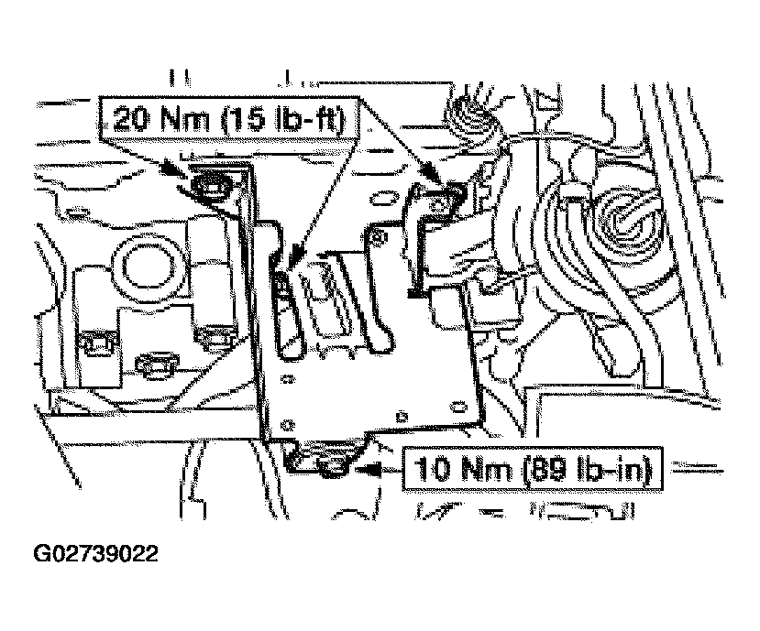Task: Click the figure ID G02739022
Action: tap(95, 553)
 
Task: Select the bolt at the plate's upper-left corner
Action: tap(210, 183)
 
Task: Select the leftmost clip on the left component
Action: tap(97, 342)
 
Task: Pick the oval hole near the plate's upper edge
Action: tap(381, 200)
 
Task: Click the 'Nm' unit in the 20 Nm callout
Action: tap(185, 119)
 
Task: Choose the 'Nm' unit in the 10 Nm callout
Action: tap(487, 470)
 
